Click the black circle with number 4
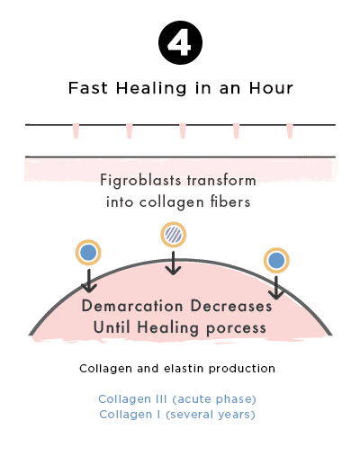pos(180,42)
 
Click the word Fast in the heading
pos(88,88)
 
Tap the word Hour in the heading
pos(271,88)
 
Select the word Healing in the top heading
pos(151,89)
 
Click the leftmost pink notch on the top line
pos(76,131)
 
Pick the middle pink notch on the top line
pos(183,131)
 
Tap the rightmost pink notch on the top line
pos(290,131)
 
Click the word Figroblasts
pos(140,181)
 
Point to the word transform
pos(221,181)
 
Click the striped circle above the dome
pos(174,235)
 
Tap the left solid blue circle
pos(88,253)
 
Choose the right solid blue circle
pos(276,260)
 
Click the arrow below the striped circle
pos(173,263)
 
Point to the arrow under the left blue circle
pos(89,281)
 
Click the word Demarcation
pos(132,306)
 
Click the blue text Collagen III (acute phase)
pos(177,399)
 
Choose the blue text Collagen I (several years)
pos(177,415)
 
